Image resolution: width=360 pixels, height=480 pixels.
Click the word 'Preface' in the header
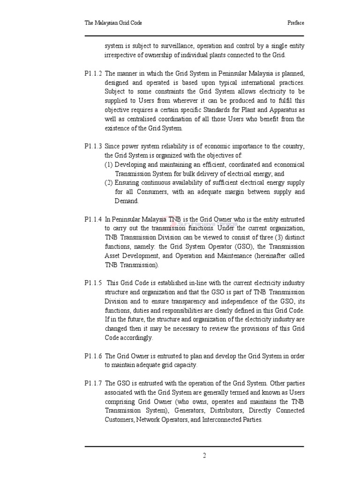(295, 22)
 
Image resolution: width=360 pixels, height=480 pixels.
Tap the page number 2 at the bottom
(204, 456)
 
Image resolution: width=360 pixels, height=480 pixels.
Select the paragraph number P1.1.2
(93, 74)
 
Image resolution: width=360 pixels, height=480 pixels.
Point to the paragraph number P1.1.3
(93, 147)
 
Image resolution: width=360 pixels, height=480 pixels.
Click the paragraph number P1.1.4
(93, 219)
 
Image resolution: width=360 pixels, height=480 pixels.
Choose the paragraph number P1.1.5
(93, 284)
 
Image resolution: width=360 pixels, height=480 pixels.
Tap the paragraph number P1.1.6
(93, 356)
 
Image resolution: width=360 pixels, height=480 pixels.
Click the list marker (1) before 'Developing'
(108, 165)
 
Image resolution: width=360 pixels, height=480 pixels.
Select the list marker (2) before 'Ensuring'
(108, 183)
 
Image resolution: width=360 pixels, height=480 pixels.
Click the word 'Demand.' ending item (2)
(127, 201)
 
